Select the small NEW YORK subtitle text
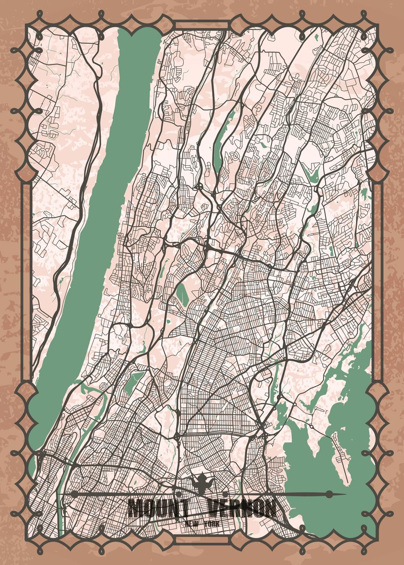pyautogui.click(x=202, y=523)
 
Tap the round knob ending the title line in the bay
pyautogui.click(x=329, y=494)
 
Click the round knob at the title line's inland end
pyautogui.click(x=74, y=494)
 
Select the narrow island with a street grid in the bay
pyautogui.click(x=340, y=452)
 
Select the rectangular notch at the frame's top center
pyautogui.click(x=202, y=25)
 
